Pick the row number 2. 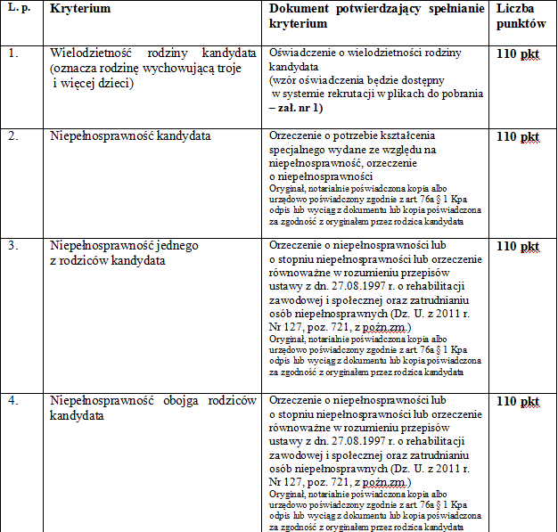pos(12,136)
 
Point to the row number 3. pos(12,246)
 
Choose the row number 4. pos(12,401)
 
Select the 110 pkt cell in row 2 pos(518,136)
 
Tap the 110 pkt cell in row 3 pos(518,246)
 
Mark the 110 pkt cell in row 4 pos(518,401)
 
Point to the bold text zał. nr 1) pos(300,108)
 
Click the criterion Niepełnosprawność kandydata pos(130,136)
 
